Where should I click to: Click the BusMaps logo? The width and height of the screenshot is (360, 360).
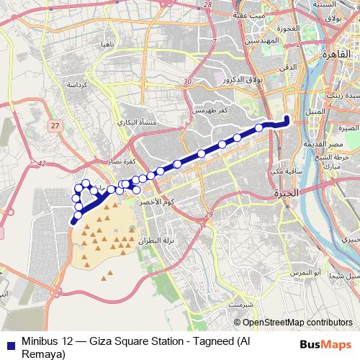click(x=326, y=344)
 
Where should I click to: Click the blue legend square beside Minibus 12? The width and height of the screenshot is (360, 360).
click(x=7, y=343)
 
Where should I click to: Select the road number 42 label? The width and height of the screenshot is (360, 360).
click(x=41, y=164)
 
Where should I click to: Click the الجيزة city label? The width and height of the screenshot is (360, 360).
click(x=285, y=194)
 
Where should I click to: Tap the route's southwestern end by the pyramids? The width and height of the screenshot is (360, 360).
click(x=73, y=222)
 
